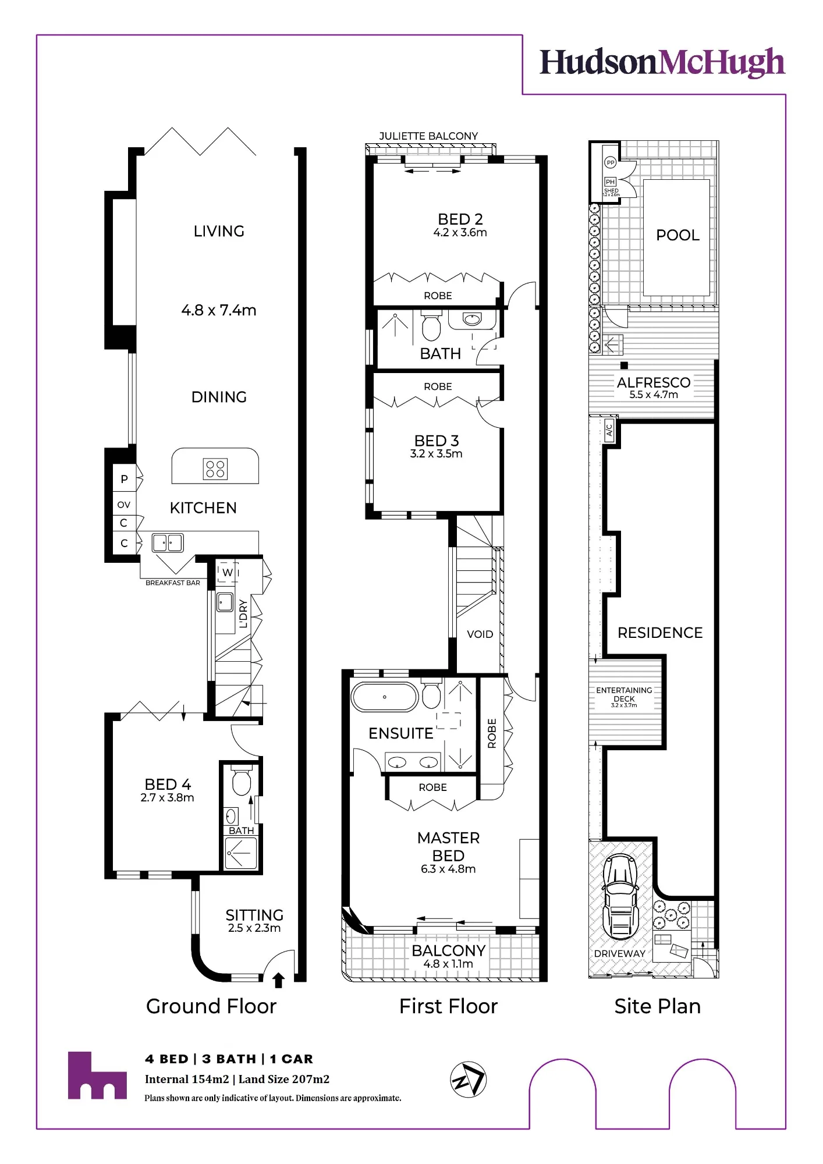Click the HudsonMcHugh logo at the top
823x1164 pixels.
click(662, 63)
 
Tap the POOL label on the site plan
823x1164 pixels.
click(677, 235)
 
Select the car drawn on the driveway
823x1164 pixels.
click(620, 896)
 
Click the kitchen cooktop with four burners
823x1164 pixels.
click(215, 469)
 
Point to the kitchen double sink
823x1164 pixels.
click(168, 542)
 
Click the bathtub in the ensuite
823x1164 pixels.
click(385, 697)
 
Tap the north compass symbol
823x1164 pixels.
click(469, 1080)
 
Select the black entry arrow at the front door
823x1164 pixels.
click(278, 980)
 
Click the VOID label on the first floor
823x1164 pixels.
click(480, 634)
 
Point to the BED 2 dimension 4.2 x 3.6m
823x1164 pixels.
click(460, 233)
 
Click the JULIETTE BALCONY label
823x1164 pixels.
click(428, 136)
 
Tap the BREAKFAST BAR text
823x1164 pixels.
click(173, 583)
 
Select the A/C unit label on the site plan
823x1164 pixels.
click(609, 430)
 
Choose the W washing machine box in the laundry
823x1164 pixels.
click(228, 572)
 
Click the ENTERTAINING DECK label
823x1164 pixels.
click(624, 694)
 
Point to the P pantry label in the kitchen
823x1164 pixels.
click(124, 479)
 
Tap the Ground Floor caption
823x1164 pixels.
click(211, 1006)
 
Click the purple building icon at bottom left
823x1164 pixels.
click(97, 1076)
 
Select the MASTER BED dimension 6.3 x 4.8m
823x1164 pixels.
click(448, 869)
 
